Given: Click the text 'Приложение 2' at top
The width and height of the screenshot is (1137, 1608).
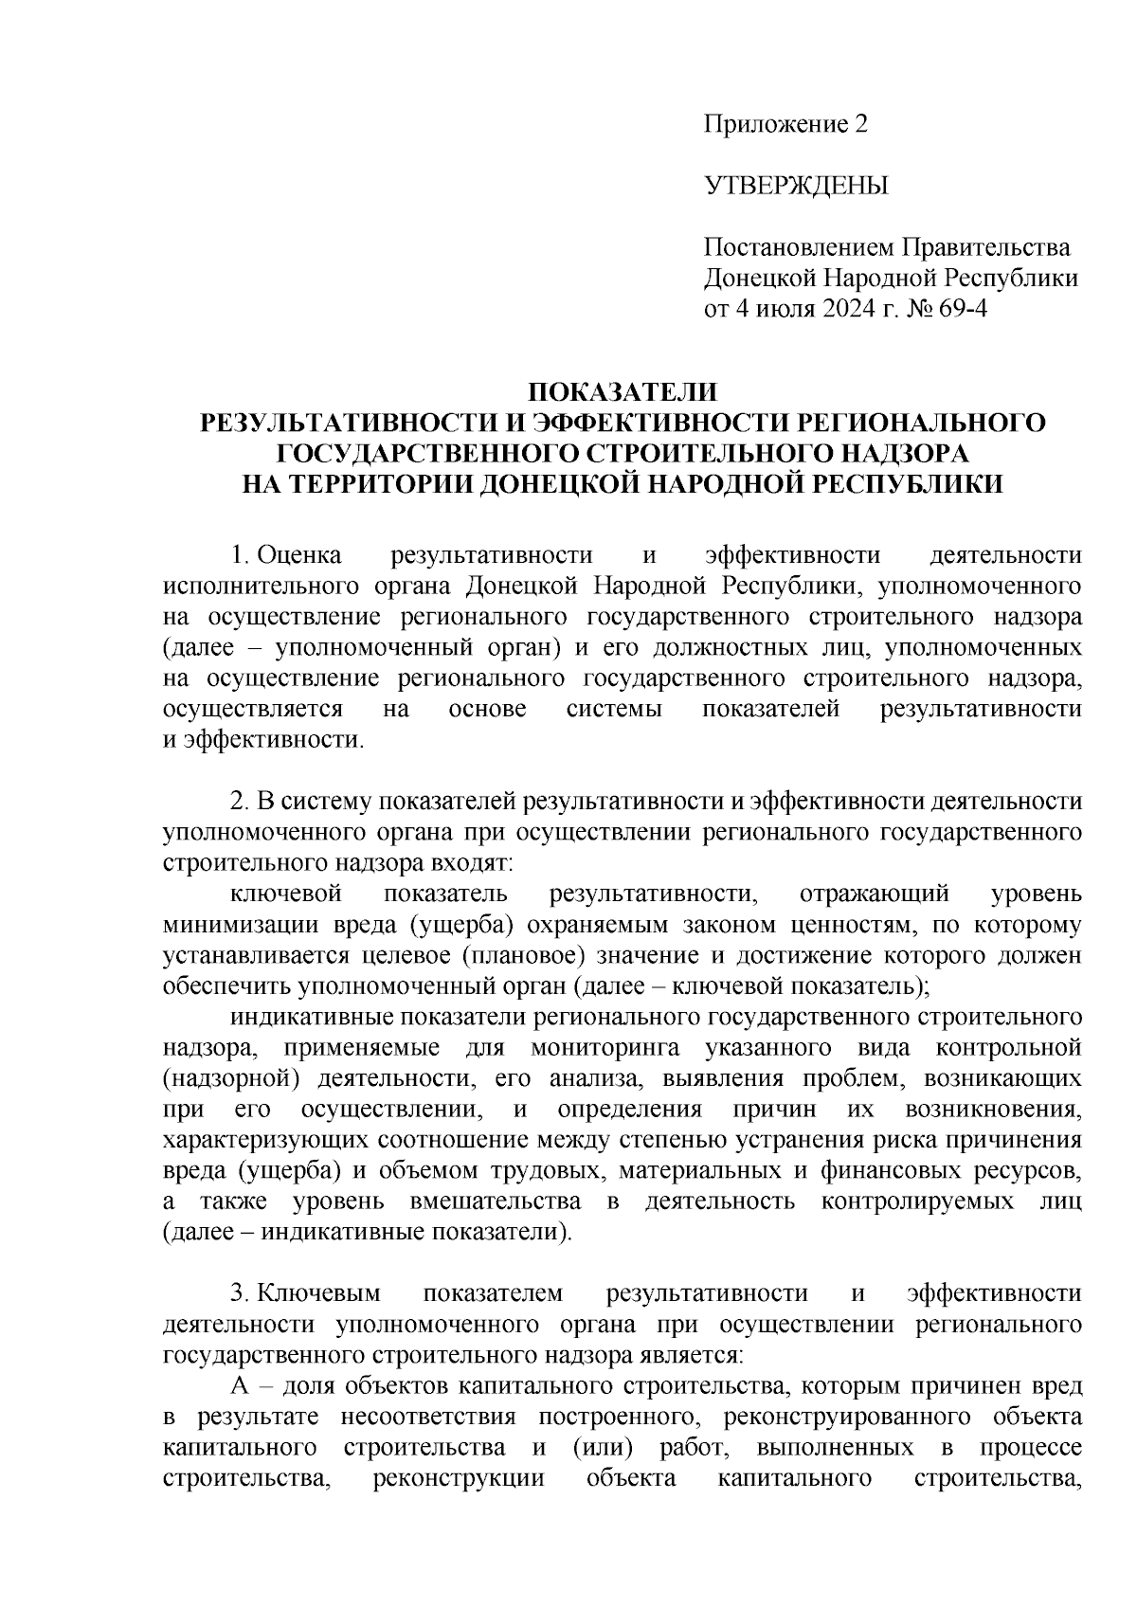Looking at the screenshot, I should [x=785, y=124].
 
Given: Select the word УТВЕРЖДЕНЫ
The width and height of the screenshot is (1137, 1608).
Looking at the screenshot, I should [x=796, y=186].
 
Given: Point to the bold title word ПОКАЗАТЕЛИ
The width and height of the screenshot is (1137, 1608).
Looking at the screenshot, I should [x=623, y=392].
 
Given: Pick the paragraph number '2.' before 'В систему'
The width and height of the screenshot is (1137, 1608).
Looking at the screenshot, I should [x=240, y=802].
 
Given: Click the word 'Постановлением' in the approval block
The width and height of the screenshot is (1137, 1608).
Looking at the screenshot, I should [x=796, y=248].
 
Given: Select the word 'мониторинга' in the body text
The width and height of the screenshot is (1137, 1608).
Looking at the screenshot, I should [x=599, y=1048].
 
